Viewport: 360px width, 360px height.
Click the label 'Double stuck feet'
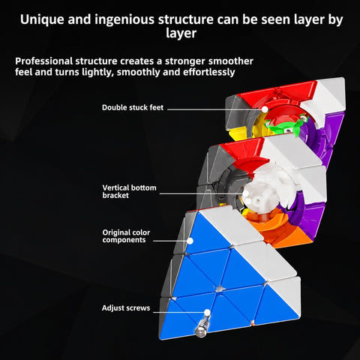pyautogui.click(x=133, y=107)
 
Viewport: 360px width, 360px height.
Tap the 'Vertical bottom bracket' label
pyautogui.click(x=129, y=191)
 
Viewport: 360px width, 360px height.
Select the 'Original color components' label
pyautogui.click(x=126, y=236)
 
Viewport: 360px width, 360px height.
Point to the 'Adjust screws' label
pyautogui.click(x=126, y=308)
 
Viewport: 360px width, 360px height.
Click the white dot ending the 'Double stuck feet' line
pyautogui.click(x=265, y=109)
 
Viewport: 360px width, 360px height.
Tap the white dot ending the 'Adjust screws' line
pyautogui.click(x=207, y=312)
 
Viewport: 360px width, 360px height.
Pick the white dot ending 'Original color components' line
pyautogui.click(x=190, y=241)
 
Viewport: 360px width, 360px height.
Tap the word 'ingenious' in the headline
pyautogui.click(x=124, y=20)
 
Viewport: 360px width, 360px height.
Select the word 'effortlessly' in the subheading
pyautogui.click(x=208, y=72)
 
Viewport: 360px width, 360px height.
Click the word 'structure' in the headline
pyautogui.click(x=185, y=19)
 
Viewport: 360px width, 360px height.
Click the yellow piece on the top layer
pyautogui.click(x=239, y=133)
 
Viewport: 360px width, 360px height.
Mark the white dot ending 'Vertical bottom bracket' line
pyautogui.click(x=246, y=193)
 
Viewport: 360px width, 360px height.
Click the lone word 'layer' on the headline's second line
pyautogui.click(x=181, y=33)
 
